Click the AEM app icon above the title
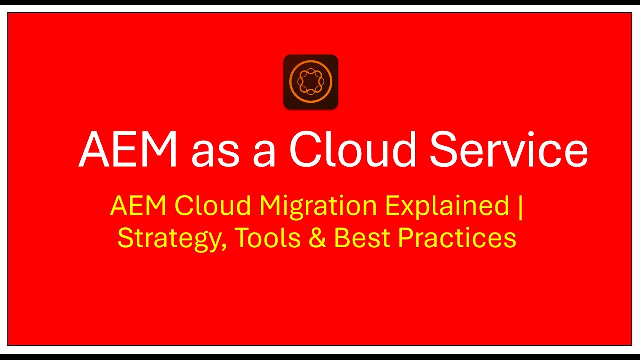pyautogui.click(x=311, y=82)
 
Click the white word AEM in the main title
pyautogui.click(x=128, y=149)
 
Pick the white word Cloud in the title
pyautogui.click(x=352, y=149)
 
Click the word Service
pyautogui.click(x=508, y=149)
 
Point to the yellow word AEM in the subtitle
pyautogui.click(x=138, y=206)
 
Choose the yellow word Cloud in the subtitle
pyautogui.click(x=212, y=206)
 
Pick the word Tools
pyautogui.click(x=267, y=238)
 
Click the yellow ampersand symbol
pyautogui.click(x=317, y=238)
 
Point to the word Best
pyautogui.click(x=362, y=238)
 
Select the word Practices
pyautogui.click(x=457, y=238)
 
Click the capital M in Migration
pyautogui.click(x=270, y=206)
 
